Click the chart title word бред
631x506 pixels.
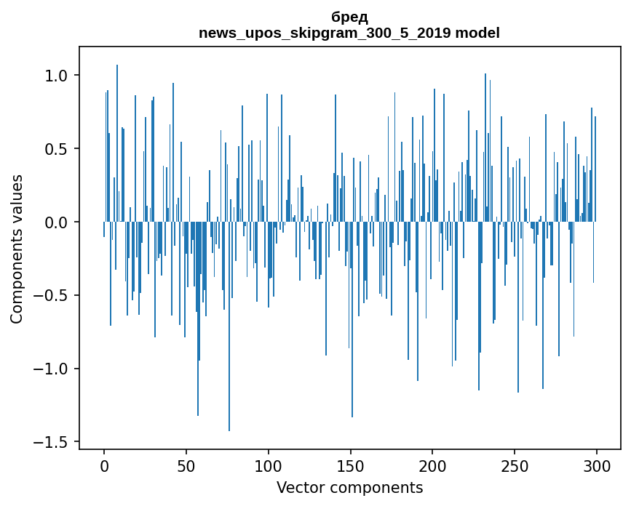click(x=349, y=17)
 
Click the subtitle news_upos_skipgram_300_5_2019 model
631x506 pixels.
click(x=349, y=33)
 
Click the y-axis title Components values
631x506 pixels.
click(x=17, y=249)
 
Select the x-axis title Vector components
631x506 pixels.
click(x=349, y=488)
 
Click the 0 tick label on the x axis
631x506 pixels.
click(x=104, y=465)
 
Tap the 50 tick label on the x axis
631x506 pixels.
click(x=186, y=465)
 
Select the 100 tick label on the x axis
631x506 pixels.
click(x=269, y=465)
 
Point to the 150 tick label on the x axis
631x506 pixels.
click(x=351, y=465)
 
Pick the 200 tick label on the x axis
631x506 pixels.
click(x=433, y=465)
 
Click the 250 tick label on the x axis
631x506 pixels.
click(x=515, y=465)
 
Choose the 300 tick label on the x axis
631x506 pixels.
click(x=598, y=465)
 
